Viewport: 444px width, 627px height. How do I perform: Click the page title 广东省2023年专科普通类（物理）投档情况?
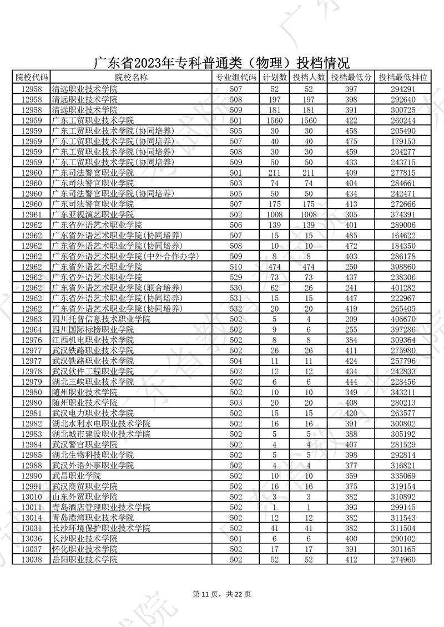tap(221, 63)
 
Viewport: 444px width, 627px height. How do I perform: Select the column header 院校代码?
tap(31, 78)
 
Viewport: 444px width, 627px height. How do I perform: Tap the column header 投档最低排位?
tap(403, 78)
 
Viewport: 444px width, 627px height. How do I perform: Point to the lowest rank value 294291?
tap(403, 89)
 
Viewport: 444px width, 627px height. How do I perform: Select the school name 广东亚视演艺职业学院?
tap(93, 214)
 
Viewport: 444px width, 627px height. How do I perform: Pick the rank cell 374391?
tap(403, 214)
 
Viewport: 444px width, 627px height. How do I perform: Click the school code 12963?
tap(31, 319)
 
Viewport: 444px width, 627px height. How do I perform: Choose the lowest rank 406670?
tap(403, 319)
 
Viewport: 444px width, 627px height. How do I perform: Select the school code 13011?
tap(31, 507)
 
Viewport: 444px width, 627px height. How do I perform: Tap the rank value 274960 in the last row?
tap(403, 559)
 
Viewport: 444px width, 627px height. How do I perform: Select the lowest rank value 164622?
tap(403, 235)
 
